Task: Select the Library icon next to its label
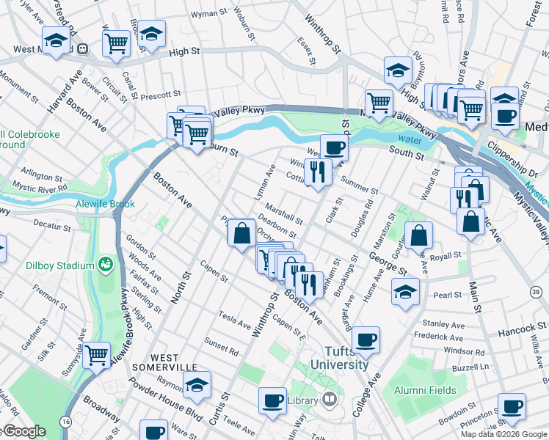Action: [x=330, y=400]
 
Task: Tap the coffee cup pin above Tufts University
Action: [x=366, y=339]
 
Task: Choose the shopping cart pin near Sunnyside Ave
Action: [x=96, y=354]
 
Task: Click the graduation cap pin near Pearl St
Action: [x=405, y=290]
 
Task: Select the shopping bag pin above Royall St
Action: [x=418, y=235]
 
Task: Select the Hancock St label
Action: [x=516, y=311]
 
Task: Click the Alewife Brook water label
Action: [x=107, y=204]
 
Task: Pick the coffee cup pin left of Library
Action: [x=273, y=400]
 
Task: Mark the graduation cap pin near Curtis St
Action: [x=197, y=384]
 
